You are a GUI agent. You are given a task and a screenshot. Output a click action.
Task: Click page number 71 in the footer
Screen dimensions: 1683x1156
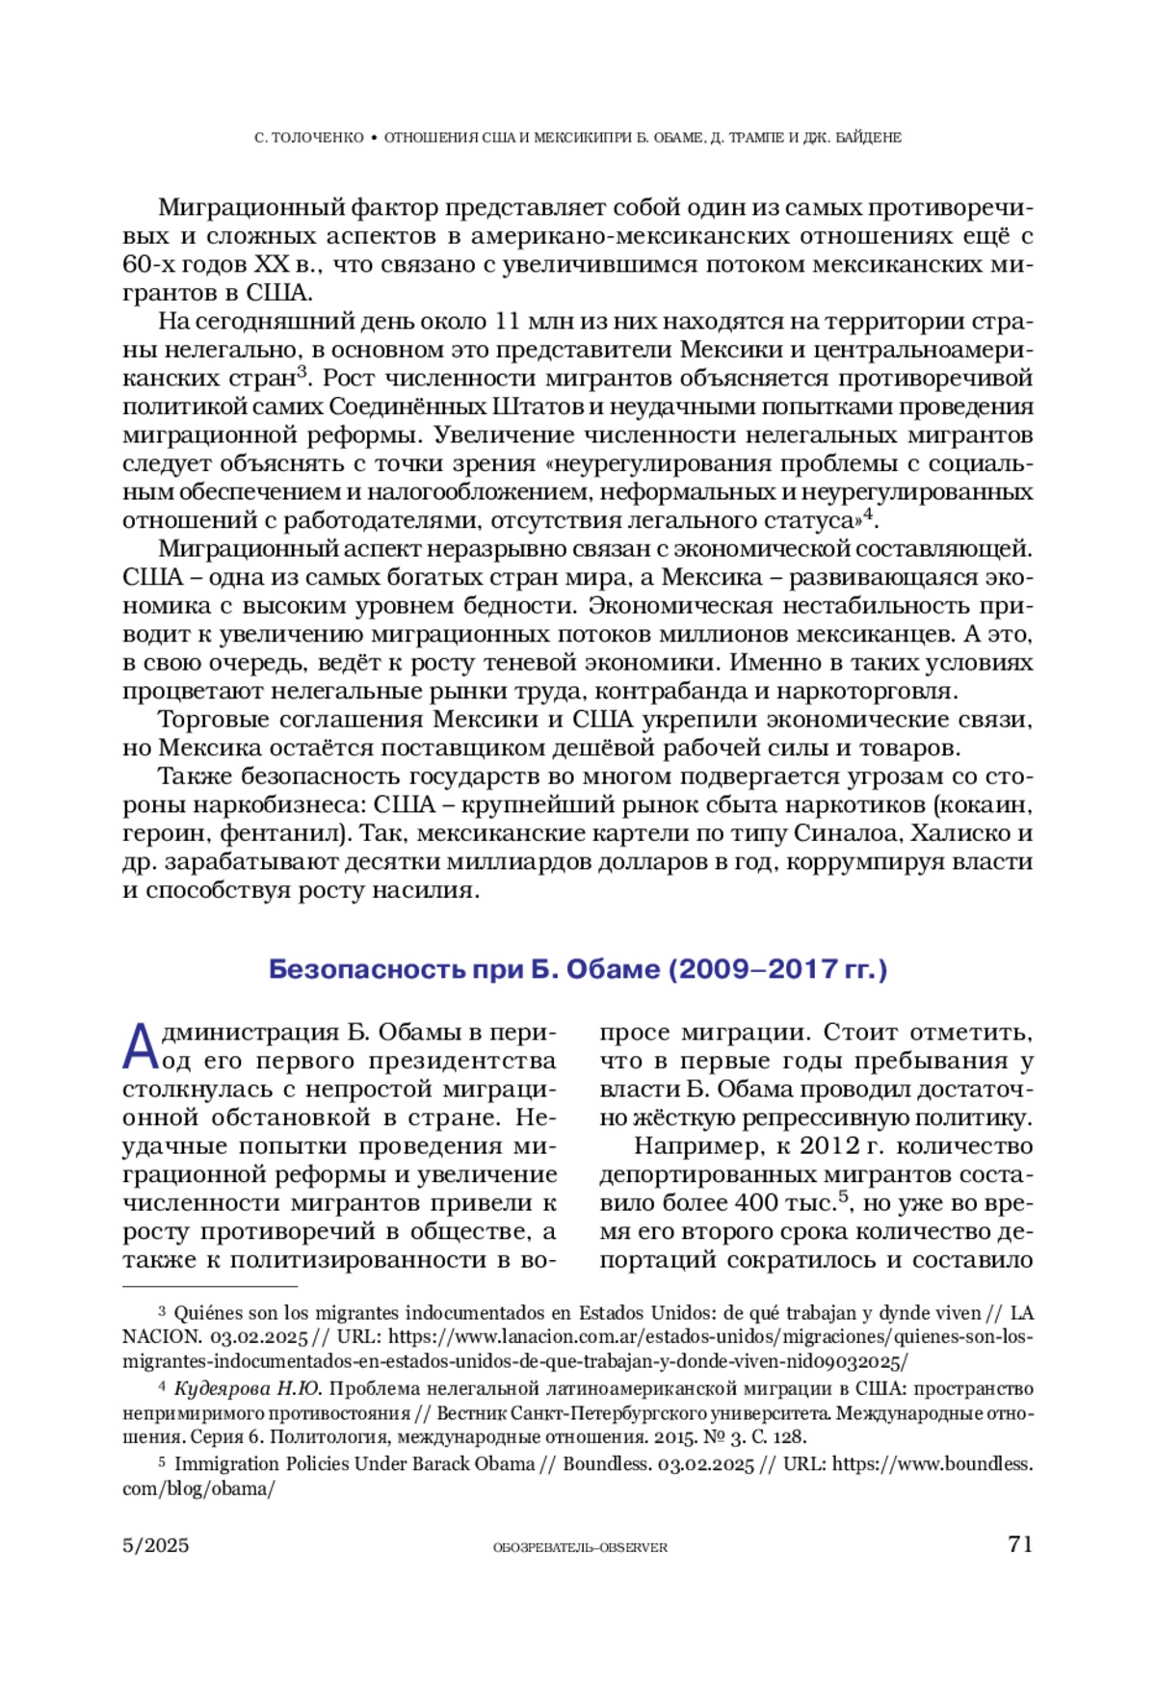1020,1544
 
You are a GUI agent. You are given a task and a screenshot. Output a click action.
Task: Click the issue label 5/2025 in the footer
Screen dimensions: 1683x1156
156,1545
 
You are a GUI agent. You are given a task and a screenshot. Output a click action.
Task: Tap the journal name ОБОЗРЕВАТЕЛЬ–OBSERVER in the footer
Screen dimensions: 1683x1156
580,1547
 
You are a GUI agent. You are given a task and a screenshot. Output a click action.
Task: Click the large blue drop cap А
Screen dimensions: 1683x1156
140,1047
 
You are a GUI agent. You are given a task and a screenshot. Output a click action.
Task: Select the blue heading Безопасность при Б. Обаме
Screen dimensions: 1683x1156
577,968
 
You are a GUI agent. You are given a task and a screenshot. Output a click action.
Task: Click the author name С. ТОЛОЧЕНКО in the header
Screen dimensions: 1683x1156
308,138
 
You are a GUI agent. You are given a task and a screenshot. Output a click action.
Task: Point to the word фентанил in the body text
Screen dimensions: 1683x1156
278,833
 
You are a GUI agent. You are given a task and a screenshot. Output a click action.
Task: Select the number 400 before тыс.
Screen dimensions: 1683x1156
756,1203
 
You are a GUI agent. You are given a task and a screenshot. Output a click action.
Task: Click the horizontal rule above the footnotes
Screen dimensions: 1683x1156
210,1286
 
